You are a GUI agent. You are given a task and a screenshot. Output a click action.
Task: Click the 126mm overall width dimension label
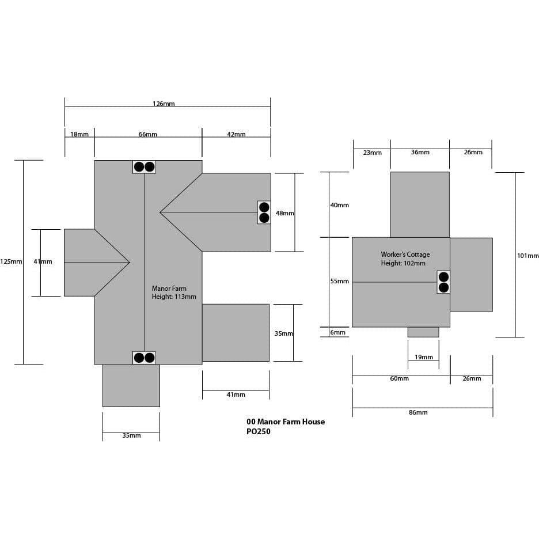[164, 104]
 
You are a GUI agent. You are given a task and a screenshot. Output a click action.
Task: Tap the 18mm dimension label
[79, 134]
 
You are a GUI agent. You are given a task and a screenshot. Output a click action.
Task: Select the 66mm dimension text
[148, 134]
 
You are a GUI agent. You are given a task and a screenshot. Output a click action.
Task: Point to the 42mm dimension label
[236, 134]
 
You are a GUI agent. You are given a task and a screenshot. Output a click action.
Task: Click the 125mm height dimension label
[11, 261]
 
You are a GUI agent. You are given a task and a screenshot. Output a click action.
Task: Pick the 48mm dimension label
[284, 213]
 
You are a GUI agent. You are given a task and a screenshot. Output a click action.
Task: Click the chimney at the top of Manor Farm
[144, 167]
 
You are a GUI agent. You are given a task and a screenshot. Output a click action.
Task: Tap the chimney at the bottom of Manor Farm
[144, 358]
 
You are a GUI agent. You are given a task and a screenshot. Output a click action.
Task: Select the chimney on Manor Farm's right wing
[264, 212]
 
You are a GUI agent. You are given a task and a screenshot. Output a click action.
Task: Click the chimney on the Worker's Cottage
[443, 282]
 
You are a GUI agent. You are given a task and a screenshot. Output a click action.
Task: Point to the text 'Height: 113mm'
[174, 297]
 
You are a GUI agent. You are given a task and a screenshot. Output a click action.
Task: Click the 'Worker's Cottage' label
[405, 255]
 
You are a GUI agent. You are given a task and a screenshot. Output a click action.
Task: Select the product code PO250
[259, 431]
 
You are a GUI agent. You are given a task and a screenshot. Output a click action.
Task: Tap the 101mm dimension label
[528, 256]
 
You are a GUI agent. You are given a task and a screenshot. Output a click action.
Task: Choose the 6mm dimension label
[337, 332]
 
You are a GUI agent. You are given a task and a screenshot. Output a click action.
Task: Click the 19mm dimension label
[423, 357]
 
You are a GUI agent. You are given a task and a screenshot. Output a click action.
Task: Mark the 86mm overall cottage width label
[418, 412]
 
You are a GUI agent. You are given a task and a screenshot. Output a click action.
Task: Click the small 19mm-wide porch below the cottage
[423, 332]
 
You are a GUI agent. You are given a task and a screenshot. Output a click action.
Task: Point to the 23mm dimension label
[372, 152]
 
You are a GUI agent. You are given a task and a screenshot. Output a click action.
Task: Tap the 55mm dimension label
[340, 281]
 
